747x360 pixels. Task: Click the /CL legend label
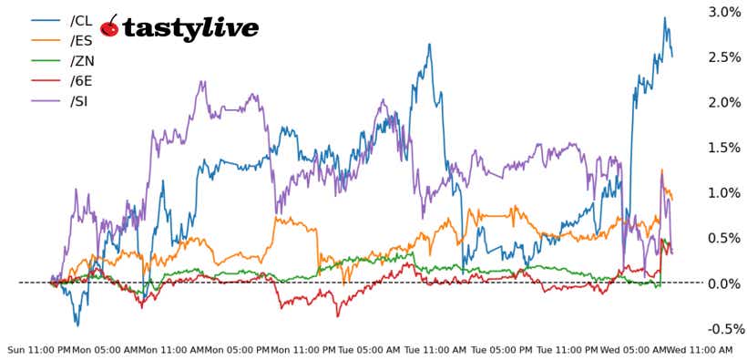(x=81, y=20)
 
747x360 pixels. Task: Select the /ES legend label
(x=81, y=40)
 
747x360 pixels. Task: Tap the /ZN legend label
(x=81, y=60)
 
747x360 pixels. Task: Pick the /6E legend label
(x=81, y=80)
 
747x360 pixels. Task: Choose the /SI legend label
(x=79, y=100)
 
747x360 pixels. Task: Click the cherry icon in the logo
(x=109, y=27)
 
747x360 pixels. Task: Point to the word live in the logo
(x=230, y=27)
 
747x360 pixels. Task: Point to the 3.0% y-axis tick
(x=724, y=12)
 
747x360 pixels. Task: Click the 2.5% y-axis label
(x=724, y=57)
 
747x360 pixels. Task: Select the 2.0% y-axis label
(x=724, y=102)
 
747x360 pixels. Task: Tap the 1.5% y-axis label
(x=724, y=148)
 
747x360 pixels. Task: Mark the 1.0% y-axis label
(x=724, y=193)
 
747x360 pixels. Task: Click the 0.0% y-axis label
(x=724, y=283)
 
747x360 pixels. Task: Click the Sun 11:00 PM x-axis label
(x=38, y=350)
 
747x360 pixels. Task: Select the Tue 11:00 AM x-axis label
(x=435, y=350)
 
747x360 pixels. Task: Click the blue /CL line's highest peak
(x=664, y=17)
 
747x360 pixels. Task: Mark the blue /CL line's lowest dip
(x=77, y=325)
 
